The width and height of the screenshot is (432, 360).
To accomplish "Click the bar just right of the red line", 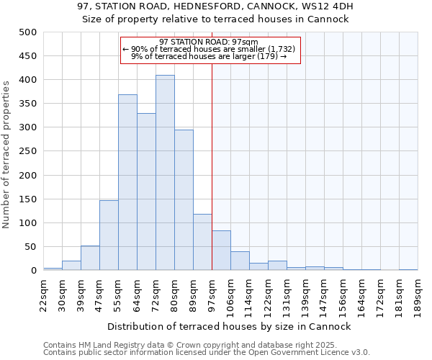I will pos(221,251).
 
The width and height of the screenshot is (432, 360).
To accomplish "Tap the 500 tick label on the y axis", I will pos(27,32).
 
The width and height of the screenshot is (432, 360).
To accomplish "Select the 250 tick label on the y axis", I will pos(27,151).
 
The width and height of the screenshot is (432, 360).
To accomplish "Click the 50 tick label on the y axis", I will pos(30,247).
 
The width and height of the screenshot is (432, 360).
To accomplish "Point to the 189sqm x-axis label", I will pos(418,295).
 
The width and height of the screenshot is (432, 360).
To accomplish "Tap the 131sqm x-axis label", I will pos(287,295).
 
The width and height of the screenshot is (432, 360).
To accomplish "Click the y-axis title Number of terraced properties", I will pos(6,154).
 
